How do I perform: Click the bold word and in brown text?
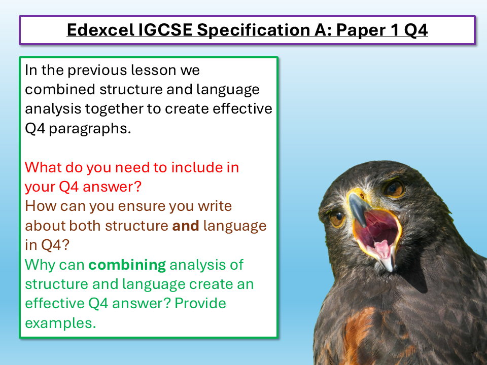(185, 226)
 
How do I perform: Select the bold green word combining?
(127, 265)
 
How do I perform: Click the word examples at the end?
(60, 323)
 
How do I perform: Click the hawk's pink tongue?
(382, 248)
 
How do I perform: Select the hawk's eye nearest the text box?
(337, 219)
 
